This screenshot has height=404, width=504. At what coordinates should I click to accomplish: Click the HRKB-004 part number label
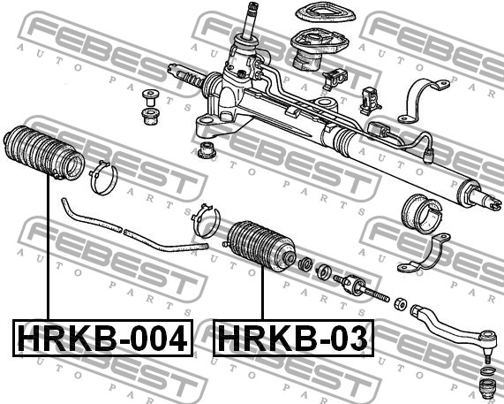103,338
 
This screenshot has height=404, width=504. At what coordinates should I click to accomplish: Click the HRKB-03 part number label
293,338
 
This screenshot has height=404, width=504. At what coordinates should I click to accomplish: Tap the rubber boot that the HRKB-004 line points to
44,152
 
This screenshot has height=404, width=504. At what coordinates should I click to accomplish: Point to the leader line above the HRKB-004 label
49,247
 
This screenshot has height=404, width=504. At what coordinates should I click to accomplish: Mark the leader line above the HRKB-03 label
263,293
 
